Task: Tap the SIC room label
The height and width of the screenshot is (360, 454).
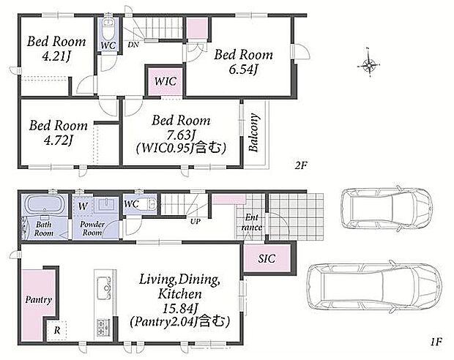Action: [267, 258]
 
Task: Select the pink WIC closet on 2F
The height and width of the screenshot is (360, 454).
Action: [165, 81]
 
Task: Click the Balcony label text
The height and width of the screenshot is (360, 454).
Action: [253, 133]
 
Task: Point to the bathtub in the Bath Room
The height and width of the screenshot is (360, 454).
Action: [44, 205]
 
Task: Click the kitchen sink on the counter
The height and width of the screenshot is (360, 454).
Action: [104, 288]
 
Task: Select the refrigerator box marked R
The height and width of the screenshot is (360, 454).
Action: [57, 330]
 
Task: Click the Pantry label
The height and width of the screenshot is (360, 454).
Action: [39, 300]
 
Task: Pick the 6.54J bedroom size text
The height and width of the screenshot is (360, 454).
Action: [243, 70]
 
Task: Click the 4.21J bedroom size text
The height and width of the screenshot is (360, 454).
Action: [56, 56]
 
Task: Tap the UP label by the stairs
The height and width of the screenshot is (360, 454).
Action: [196, 222]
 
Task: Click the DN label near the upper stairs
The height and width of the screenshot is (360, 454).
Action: [133, 45]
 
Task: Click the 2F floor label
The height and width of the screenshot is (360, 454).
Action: [301, 165]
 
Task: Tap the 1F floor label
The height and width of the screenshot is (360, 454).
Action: [436, 342]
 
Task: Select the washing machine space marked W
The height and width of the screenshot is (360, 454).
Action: [83, 206]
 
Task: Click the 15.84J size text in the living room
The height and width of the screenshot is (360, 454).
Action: [180, 309]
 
